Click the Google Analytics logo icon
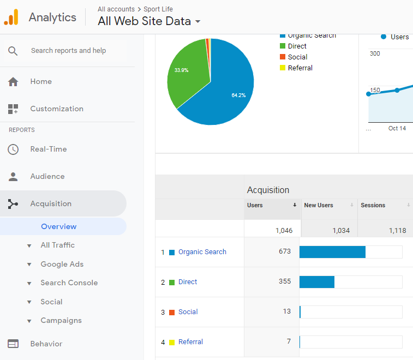11,17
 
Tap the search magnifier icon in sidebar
13,51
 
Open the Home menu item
41,81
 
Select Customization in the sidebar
57,109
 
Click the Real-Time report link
49,149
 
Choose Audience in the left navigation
47,176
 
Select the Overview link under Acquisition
59,226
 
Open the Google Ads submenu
62,264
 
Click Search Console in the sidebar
69,283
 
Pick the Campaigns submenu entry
61,320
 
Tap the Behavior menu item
46,344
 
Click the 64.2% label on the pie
238,95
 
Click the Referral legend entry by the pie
300,68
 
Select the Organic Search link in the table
202,252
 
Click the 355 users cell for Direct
284,281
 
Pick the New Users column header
319,205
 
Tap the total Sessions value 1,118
397,230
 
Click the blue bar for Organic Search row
332,252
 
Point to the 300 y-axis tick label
375,53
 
